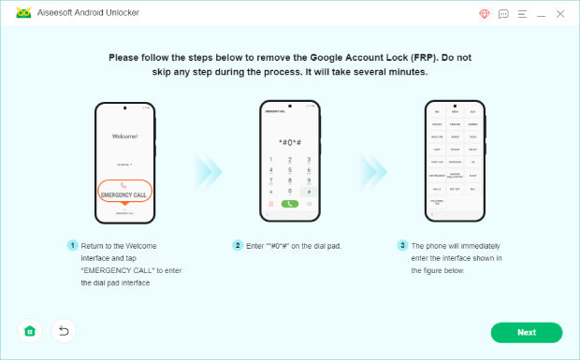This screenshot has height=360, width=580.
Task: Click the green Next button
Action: tap(526, 332)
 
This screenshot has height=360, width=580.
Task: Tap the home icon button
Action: tap(30, 331)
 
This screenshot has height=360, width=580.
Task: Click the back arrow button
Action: tap(63, 331)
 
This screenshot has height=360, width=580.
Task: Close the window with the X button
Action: tap(559, 14)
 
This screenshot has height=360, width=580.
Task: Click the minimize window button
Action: tap(540, 14)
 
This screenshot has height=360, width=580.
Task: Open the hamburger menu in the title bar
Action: tap(521, 14)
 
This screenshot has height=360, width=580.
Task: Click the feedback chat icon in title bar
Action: tap(503, 14)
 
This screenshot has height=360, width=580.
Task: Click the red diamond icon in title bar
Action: tap(484, 14)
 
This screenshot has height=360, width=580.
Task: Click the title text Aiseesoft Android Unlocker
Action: tap(85, 14)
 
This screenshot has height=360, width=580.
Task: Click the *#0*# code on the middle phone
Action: tap(291, 140)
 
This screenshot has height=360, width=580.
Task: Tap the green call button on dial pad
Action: tap(291, 203)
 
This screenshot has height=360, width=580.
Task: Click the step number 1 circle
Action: tap(71, 245)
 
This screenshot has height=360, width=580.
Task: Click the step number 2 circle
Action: tap(238, 245)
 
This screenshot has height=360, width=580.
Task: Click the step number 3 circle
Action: tap(403, 245)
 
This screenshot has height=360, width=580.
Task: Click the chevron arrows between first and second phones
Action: tap(208, 168)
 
